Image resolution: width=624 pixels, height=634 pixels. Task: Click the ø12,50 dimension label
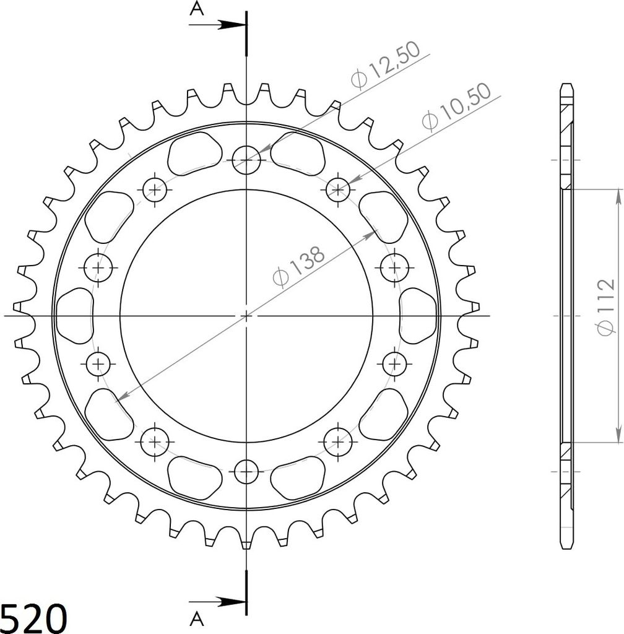point(386,64)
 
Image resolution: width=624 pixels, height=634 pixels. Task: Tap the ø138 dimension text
point(298,266)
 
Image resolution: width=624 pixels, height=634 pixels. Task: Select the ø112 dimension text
point(605,306)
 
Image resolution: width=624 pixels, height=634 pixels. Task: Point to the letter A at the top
point(197,9)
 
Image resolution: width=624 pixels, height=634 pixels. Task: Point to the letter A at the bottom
point(197,618)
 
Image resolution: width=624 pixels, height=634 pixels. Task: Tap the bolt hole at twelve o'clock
point(246,160)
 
